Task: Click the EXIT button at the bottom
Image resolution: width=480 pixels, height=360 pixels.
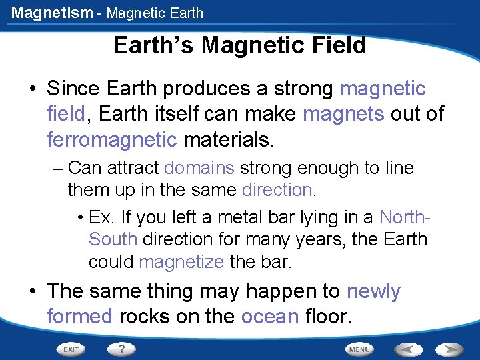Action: click(x=72, y=349)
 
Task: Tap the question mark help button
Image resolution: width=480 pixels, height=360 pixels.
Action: click(x=121, y=349)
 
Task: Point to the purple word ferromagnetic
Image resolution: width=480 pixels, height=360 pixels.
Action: click(x=112, y=139)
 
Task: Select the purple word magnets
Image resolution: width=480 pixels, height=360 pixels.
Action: click(x=343, y=114)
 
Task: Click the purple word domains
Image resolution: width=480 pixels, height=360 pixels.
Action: click(x=199, y=168)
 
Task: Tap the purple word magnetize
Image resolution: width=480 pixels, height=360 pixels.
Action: click(x=181, y=262)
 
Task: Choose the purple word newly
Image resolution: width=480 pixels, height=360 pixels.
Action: click(x=373, y=291)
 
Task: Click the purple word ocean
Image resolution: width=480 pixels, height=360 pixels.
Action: click(x=270, y=316)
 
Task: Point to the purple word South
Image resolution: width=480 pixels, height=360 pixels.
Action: click(x=113, y=239)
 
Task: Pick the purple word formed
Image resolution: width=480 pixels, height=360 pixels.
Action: click(x=80, y=316)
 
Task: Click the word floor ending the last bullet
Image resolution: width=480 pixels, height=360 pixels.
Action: click(x=326, y=316)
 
